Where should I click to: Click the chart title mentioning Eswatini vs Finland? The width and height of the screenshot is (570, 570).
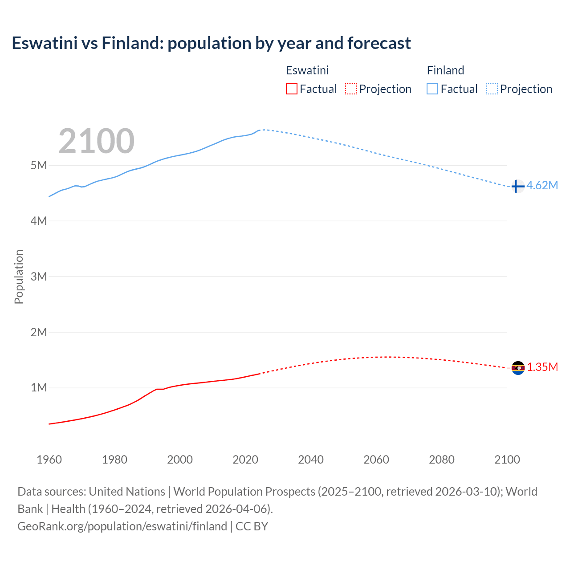pos(211,43)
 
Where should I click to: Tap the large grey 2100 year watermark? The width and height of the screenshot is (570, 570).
pos(96,141)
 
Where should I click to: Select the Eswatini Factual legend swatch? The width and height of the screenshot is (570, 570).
pos(291,89)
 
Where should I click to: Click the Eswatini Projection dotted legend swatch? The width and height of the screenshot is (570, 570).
pos(351,89)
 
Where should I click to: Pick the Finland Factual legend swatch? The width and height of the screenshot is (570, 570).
pos(432,89)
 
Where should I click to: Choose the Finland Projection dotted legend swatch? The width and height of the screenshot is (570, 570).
pos(492,89)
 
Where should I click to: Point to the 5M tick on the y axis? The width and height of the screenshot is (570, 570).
pos(39,165)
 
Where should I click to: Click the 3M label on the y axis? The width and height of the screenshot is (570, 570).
pos(39,277)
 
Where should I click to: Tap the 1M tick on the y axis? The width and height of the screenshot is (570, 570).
pos(39,388)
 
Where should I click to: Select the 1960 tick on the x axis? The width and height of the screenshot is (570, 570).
pos(49,460)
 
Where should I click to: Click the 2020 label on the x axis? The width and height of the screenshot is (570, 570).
pos(245,460)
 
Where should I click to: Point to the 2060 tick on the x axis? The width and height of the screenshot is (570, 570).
pos(376,460)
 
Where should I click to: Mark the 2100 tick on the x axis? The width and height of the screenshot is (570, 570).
pos(507,460)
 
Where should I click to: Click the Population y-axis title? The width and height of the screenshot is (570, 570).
pos(19,277)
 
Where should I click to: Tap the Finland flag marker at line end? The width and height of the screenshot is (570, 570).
pos(517,186)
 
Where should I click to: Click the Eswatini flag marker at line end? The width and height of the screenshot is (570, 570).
pos(518,368)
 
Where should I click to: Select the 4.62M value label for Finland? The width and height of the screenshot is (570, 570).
pos(542,186)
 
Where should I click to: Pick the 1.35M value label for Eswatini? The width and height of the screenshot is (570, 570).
pos(542,367)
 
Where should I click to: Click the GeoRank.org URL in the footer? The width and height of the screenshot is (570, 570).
pos(122,526)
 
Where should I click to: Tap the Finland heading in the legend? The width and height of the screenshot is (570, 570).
pos(445,70)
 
